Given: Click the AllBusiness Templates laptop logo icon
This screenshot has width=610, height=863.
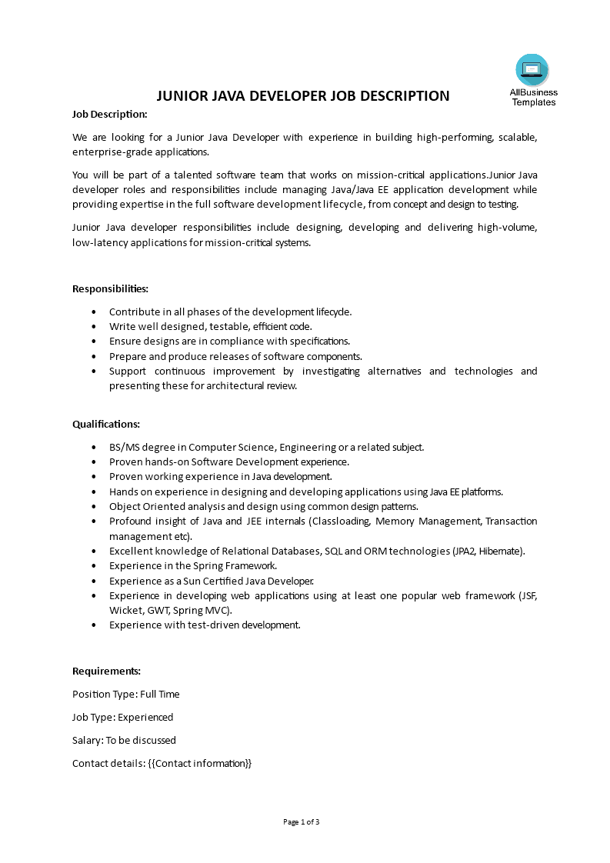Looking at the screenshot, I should (532, 71).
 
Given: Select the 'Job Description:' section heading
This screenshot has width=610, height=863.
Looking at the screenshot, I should (109, 115).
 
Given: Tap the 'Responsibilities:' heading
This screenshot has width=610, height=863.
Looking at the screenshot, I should (110, 289).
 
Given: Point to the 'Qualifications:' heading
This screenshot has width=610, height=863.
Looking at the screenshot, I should (106, 425).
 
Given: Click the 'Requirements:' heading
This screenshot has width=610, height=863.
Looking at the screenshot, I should (106, 671).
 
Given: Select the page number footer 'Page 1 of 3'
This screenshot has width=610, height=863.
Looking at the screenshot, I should (302, 822).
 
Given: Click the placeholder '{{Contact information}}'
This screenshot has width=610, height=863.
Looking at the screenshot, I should (199, 764).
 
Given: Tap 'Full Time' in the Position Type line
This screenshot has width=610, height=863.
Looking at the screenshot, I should (160, 695).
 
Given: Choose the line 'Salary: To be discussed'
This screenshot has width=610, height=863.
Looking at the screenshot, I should (124, 741).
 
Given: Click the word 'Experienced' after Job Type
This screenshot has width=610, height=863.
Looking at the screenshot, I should (145, 718).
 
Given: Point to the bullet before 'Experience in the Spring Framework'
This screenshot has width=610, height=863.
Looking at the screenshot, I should (94, 566).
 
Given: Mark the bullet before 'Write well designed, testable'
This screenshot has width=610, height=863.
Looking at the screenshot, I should (94, 327).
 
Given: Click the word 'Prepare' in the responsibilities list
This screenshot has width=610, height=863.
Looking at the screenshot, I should (127, 357).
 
